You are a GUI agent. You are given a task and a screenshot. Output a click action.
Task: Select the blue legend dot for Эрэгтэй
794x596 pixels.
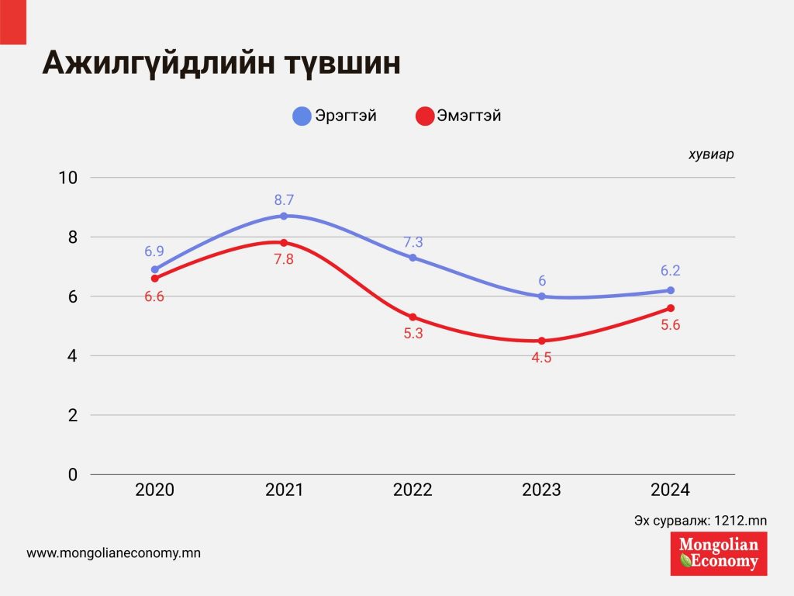pos(302,116)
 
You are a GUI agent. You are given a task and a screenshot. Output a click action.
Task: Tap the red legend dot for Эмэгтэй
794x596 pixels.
pos(424,116)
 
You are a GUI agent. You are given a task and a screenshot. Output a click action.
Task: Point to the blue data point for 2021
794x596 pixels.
pos(284,216)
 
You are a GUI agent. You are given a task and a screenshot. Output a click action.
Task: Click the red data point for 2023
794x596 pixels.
pos(542,341)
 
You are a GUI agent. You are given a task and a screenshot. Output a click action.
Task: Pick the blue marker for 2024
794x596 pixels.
pos(671,290)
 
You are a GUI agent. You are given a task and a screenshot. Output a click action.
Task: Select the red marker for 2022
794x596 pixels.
pos(413,317)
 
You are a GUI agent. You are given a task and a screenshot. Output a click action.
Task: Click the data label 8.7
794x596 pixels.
pos(284,200)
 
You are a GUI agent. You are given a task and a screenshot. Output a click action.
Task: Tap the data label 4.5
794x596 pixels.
pos(542,358)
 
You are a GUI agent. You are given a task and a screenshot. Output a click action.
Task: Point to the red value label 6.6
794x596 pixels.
pos(154,296)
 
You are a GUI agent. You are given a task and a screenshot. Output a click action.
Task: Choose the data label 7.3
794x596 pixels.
pos(413,241)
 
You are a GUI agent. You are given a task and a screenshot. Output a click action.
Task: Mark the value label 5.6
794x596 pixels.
pos(671,325)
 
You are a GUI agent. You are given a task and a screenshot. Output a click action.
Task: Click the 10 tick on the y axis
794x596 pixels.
pos(68,178)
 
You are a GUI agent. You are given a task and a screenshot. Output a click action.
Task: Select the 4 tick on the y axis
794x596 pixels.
pos(73,356)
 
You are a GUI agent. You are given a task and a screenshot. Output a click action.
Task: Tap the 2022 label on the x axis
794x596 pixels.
pos(413,490)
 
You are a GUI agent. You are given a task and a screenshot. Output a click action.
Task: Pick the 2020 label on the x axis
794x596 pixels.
pos(154,490)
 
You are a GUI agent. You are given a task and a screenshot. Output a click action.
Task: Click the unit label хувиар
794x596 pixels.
pos(711,154)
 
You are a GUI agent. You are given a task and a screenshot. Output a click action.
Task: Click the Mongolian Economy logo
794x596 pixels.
pos(719,553)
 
